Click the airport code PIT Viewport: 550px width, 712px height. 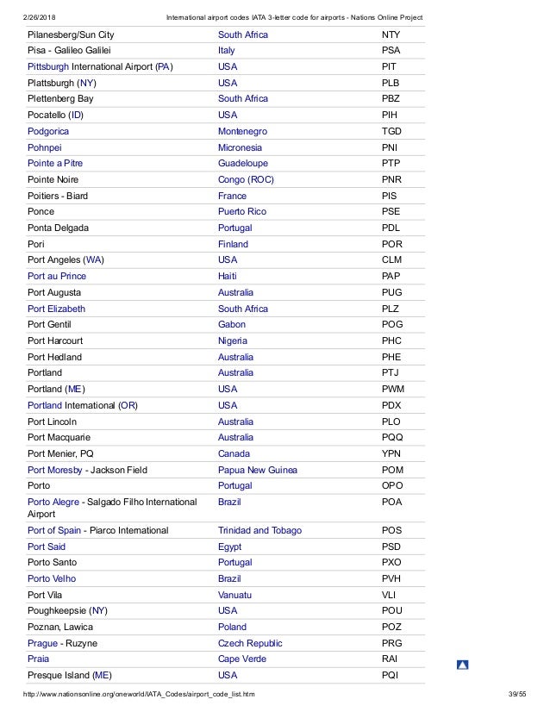pos(391,67)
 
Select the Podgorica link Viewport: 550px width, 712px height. pos(48,131)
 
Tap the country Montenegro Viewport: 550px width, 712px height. pos(242,131)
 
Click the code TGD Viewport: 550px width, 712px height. pos(391,131)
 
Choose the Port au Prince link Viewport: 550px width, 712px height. pos(57,277)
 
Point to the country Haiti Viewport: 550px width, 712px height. pos(228,277)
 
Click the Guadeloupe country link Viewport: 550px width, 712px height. pos(243,164)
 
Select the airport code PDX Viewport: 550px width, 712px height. pos(391,406)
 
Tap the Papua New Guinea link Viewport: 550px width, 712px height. pos(258,470)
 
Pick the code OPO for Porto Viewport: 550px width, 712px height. pos(392,486)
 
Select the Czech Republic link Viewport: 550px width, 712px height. pos(250,644)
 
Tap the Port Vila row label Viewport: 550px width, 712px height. pos(50,596)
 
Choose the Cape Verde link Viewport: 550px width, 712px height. pos(242,659)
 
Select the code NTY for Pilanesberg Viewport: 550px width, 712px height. pos(391,34)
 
